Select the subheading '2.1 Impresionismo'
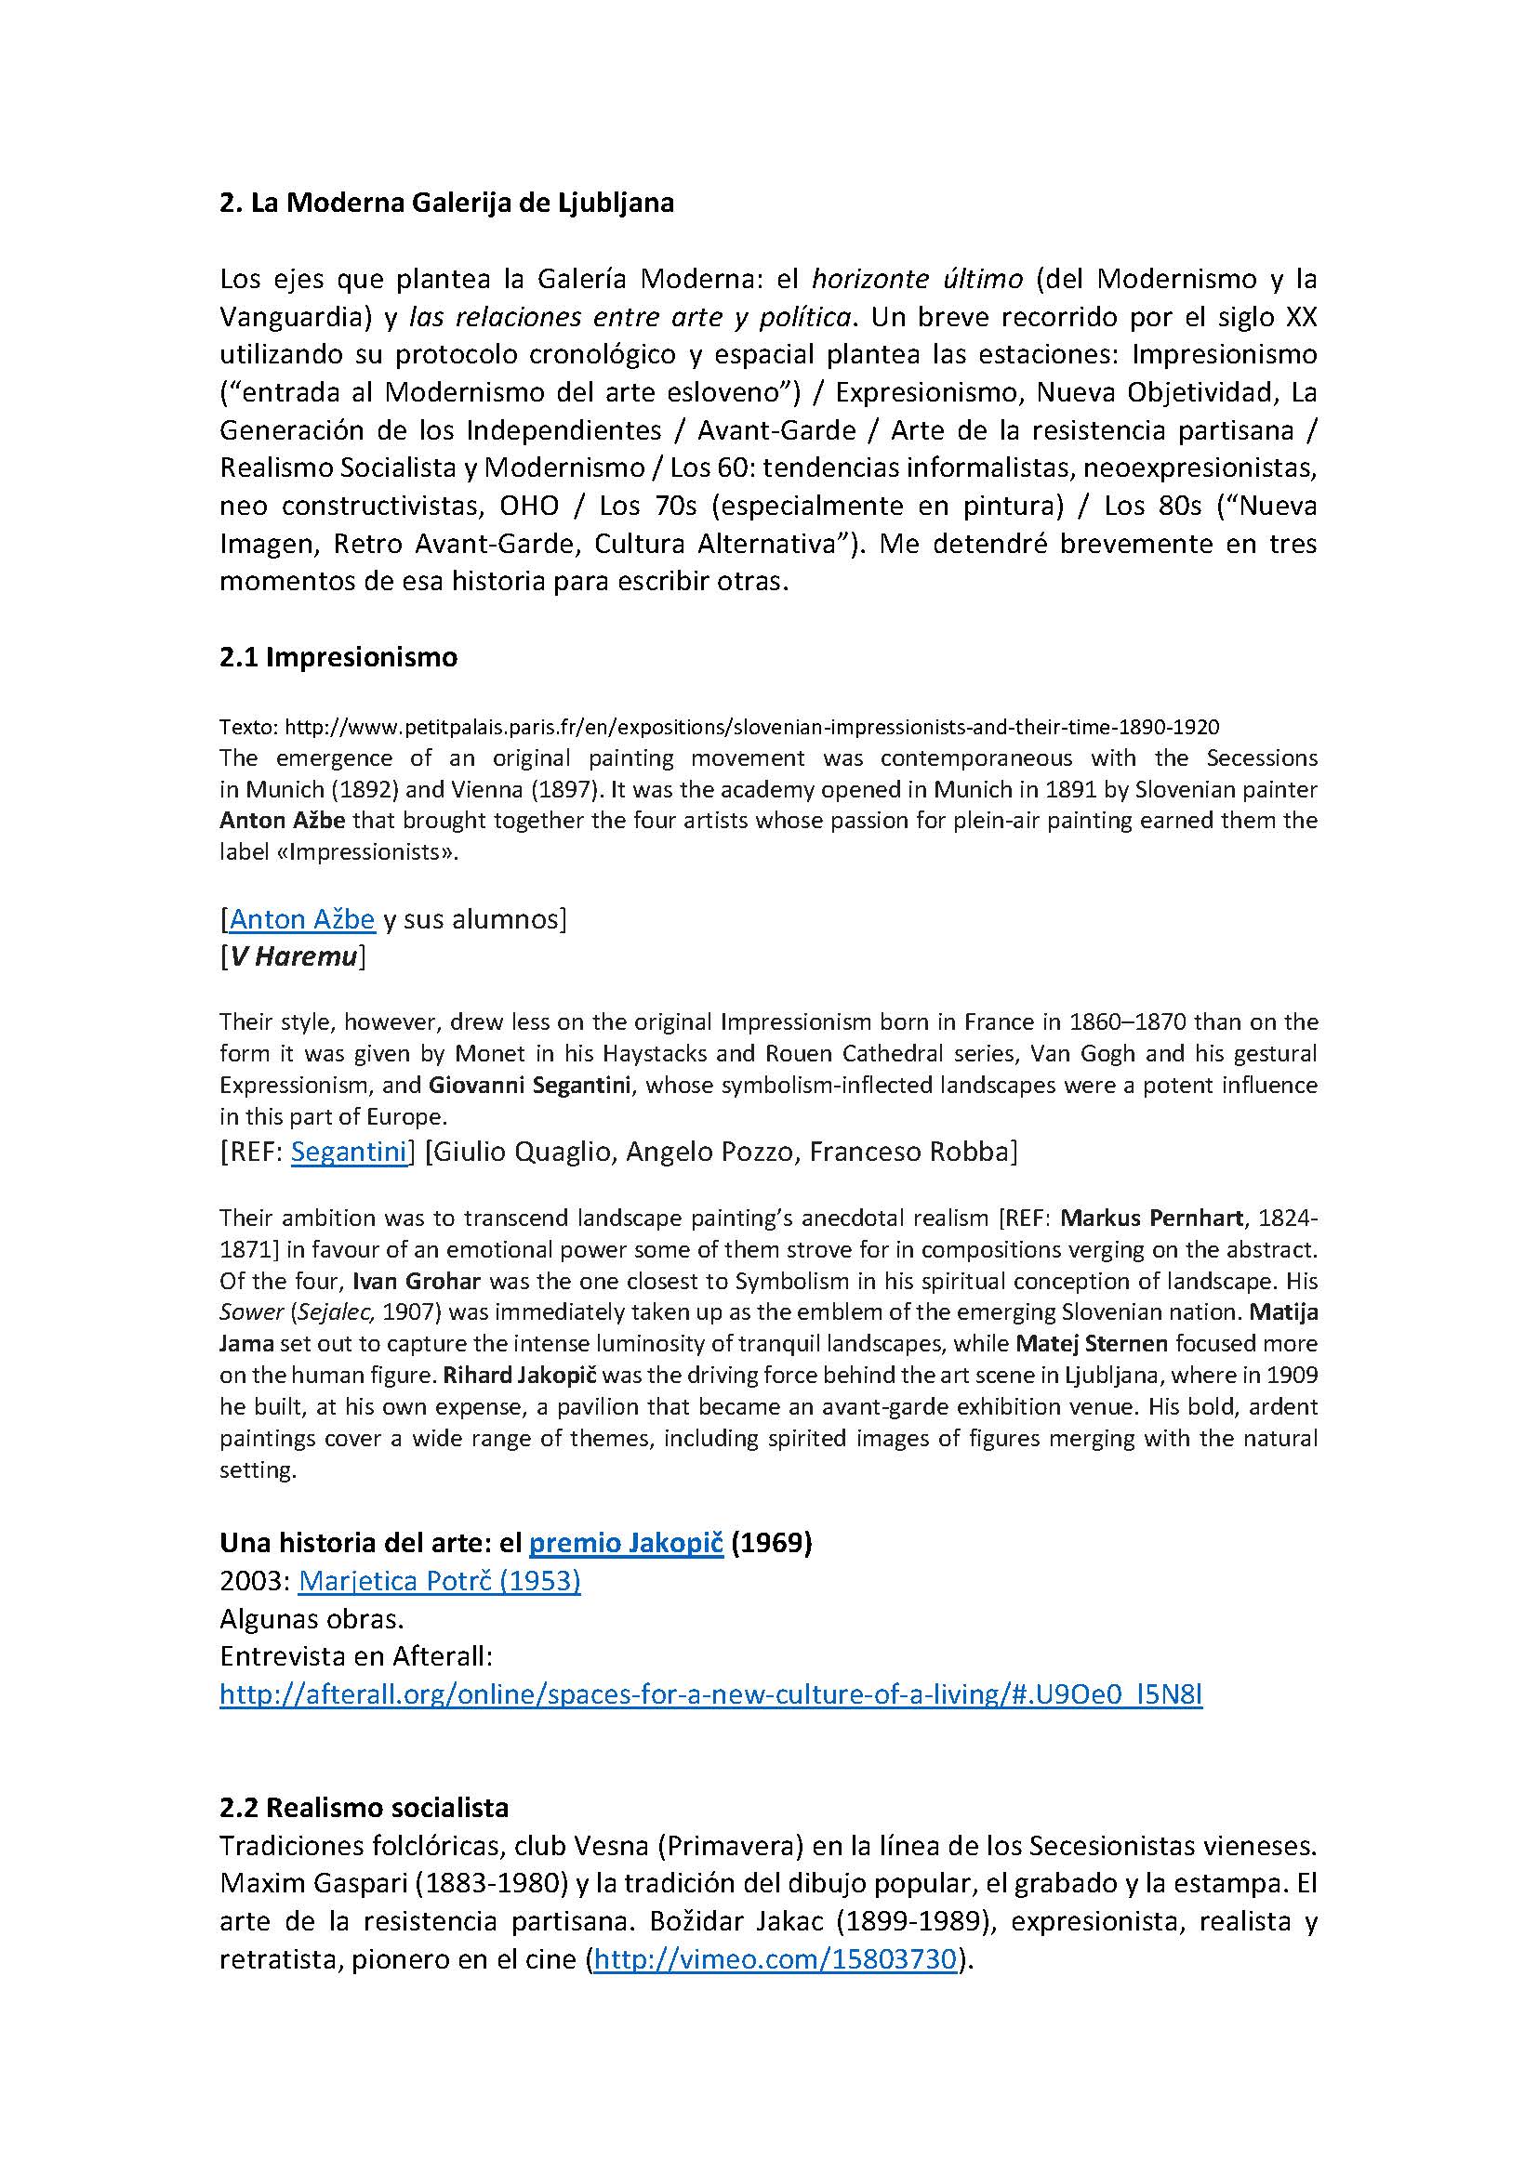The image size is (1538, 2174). [338, 657]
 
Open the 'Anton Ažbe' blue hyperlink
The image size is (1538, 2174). [302, 918]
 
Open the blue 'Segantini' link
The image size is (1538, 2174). [349, 1152]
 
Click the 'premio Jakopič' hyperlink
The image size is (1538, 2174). [626, 1544]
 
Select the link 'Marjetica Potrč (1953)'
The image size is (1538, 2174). [440, 1581]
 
